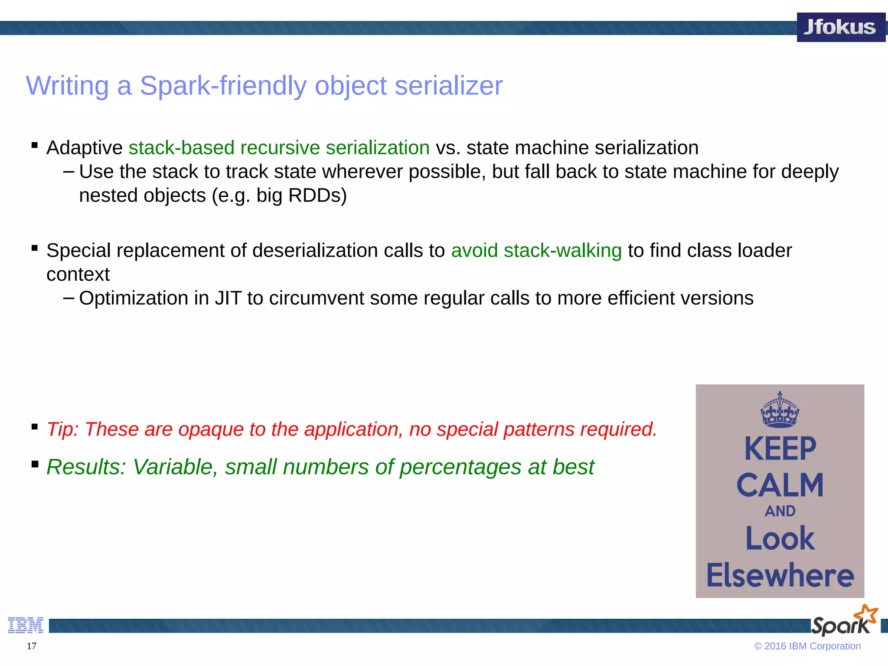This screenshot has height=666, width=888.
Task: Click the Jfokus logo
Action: pos(840,27)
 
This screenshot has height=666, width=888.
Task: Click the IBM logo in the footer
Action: pos(26,625)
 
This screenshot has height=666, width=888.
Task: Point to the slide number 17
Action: pos(32,646)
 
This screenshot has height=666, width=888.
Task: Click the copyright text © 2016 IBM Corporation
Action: pos(807,646)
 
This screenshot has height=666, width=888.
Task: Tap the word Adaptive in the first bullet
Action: pos(85,148)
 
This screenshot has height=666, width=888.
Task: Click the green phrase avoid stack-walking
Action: pos(536,251)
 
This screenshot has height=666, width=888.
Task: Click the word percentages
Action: pos(460,467)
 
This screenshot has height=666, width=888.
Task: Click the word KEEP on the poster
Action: pos(780,449)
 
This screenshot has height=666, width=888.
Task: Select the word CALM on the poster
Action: pos(780,485)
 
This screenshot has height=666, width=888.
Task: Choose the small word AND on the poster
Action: pos(780,511)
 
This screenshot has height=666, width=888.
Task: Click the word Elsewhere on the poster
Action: pos(780,575)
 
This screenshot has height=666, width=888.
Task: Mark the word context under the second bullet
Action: pos(78,274)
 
